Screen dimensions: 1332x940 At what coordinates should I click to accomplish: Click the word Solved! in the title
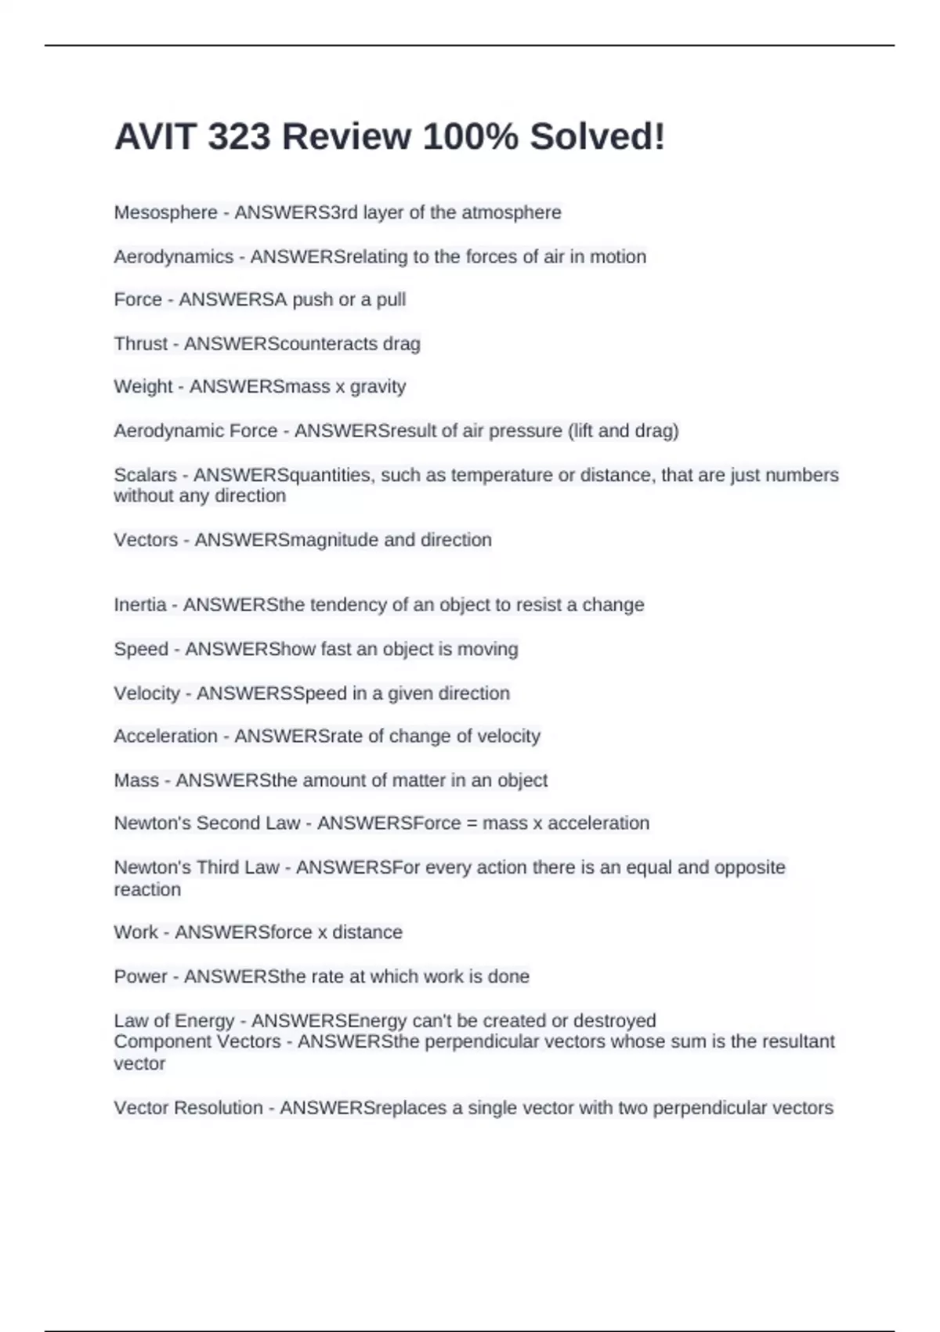(x=597, y=137)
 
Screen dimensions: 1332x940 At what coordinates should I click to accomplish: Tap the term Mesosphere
(x=165, y=212)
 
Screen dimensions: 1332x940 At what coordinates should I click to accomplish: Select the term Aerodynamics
(x=173, y=256)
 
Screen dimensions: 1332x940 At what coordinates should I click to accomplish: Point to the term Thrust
(x=140, y=343)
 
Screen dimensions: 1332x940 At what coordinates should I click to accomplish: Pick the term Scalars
(x=145, y=475)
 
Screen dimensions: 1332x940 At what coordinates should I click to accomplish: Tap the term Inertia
(x=139, y=605)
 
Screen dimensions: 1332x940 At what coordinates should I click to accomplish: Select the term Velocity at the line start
(x=146, y=693)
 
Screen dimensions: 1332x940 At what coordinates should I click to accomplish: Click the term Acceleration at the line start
(x=165, y=737)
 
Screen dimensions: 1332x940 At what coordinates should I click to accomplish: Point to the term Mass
(x=136, y=780)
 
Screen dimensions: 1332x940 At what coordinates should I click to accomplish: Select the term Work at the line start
(x=136, y=932)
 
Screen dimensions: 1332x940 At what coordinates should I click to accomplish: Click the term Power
(x=140, y=976)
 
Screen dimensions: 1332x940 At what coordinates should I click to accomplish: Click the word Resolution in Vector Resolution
(x=218, y=1108)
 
